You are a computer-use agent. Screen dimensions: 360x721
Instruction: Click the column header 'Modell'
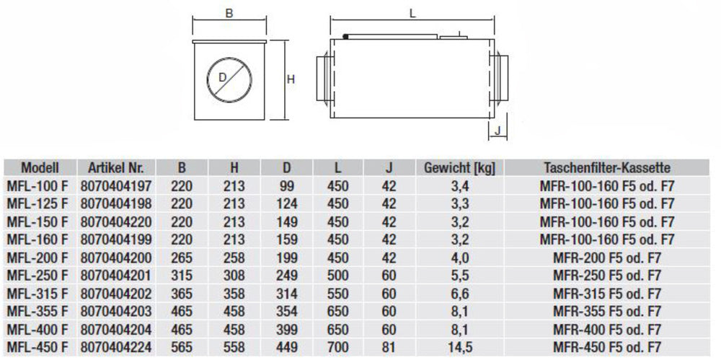[39, 167]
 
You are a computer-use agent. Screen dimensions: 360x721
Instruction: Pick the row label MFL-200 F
[37, 256]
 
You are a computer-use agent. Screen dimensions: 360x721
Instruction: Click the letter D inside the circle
[223, 76]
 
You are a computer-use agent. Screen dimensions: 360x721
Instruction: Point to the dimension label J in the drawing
[497, 130]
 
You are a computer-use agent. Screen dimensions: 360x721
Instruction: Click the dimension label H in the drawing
[291, 80]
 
